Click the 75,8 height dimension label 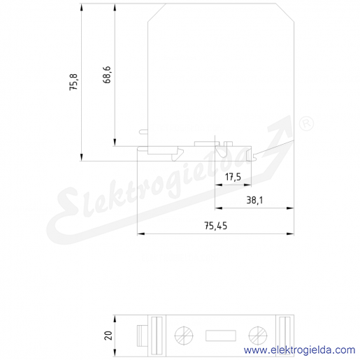point(74,82)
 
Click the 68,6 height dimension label point(107,75)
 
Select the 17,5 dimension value point(233,178)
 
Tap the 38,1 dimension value point(254,200)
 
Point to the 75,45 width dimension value point(215,226)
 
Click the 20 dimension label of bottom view point(108,336)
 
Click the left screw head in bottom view point(184,336)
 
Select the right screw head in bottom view point(258,336)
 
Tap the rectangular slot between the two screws point(221,336)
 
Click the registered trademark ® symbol point(306,124)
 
